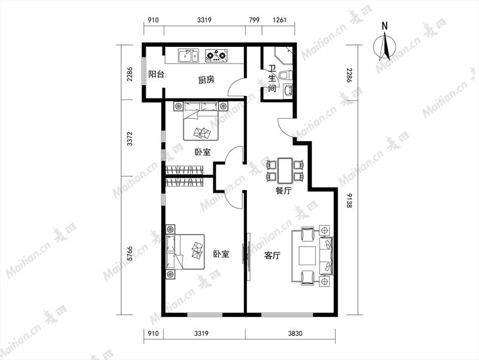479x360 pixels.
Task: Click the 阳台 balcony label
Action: (156, 74)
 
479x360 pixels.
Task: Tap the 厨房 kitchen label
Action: (206, 80)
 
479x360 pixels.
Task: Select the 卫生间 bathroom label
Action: (272, 79)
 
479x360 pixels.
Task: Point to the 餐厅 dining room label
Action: (283, 191)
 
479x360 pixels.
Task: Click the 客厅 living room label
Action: (272, 256)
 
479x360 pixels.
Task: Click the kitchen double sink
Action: (188, 56)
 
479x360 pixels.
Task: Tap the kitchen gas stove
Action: (216, 56)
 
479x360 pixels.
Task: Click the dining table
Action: (285, 170)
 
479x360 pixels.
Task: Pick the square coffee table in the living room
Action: (308, 256)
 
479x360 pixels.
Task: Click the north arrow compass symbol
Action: (385, 47)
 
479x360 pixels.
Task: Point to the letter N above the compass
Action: (385, 26)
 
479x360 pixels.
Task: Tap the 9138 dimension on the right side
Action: (349, 200)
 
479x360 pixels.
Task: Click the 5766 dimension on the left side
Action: (130, 254)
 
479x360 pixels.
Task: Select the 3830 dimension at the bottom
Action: (295, 333)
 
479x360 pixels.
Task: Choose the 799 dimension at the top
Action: (254, 20)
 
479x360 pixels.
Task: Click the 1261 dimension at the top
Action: (279, 20)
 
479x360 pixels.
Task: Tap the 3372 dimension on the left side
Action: (130, 139)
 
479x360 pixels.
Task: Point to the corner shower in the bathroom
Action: (284, 55)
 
